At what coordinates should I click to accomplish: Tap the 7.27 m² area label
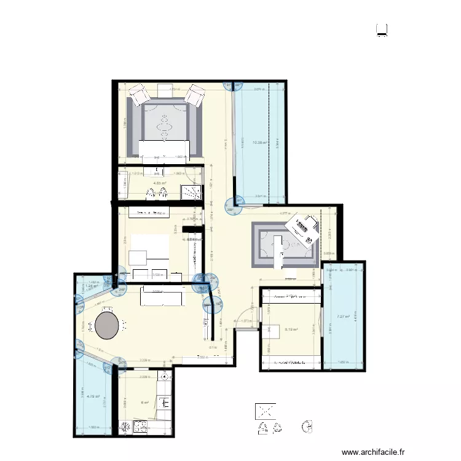[343, 317]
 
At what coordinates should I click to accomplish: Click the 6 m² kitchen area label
[146, 403]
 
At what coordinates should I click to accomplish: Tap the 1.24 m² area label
[92, 286]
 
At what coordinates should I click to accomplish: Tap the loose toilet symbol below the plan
[309, 426]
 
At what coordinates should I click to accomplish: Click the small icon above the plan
[382, 30]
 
